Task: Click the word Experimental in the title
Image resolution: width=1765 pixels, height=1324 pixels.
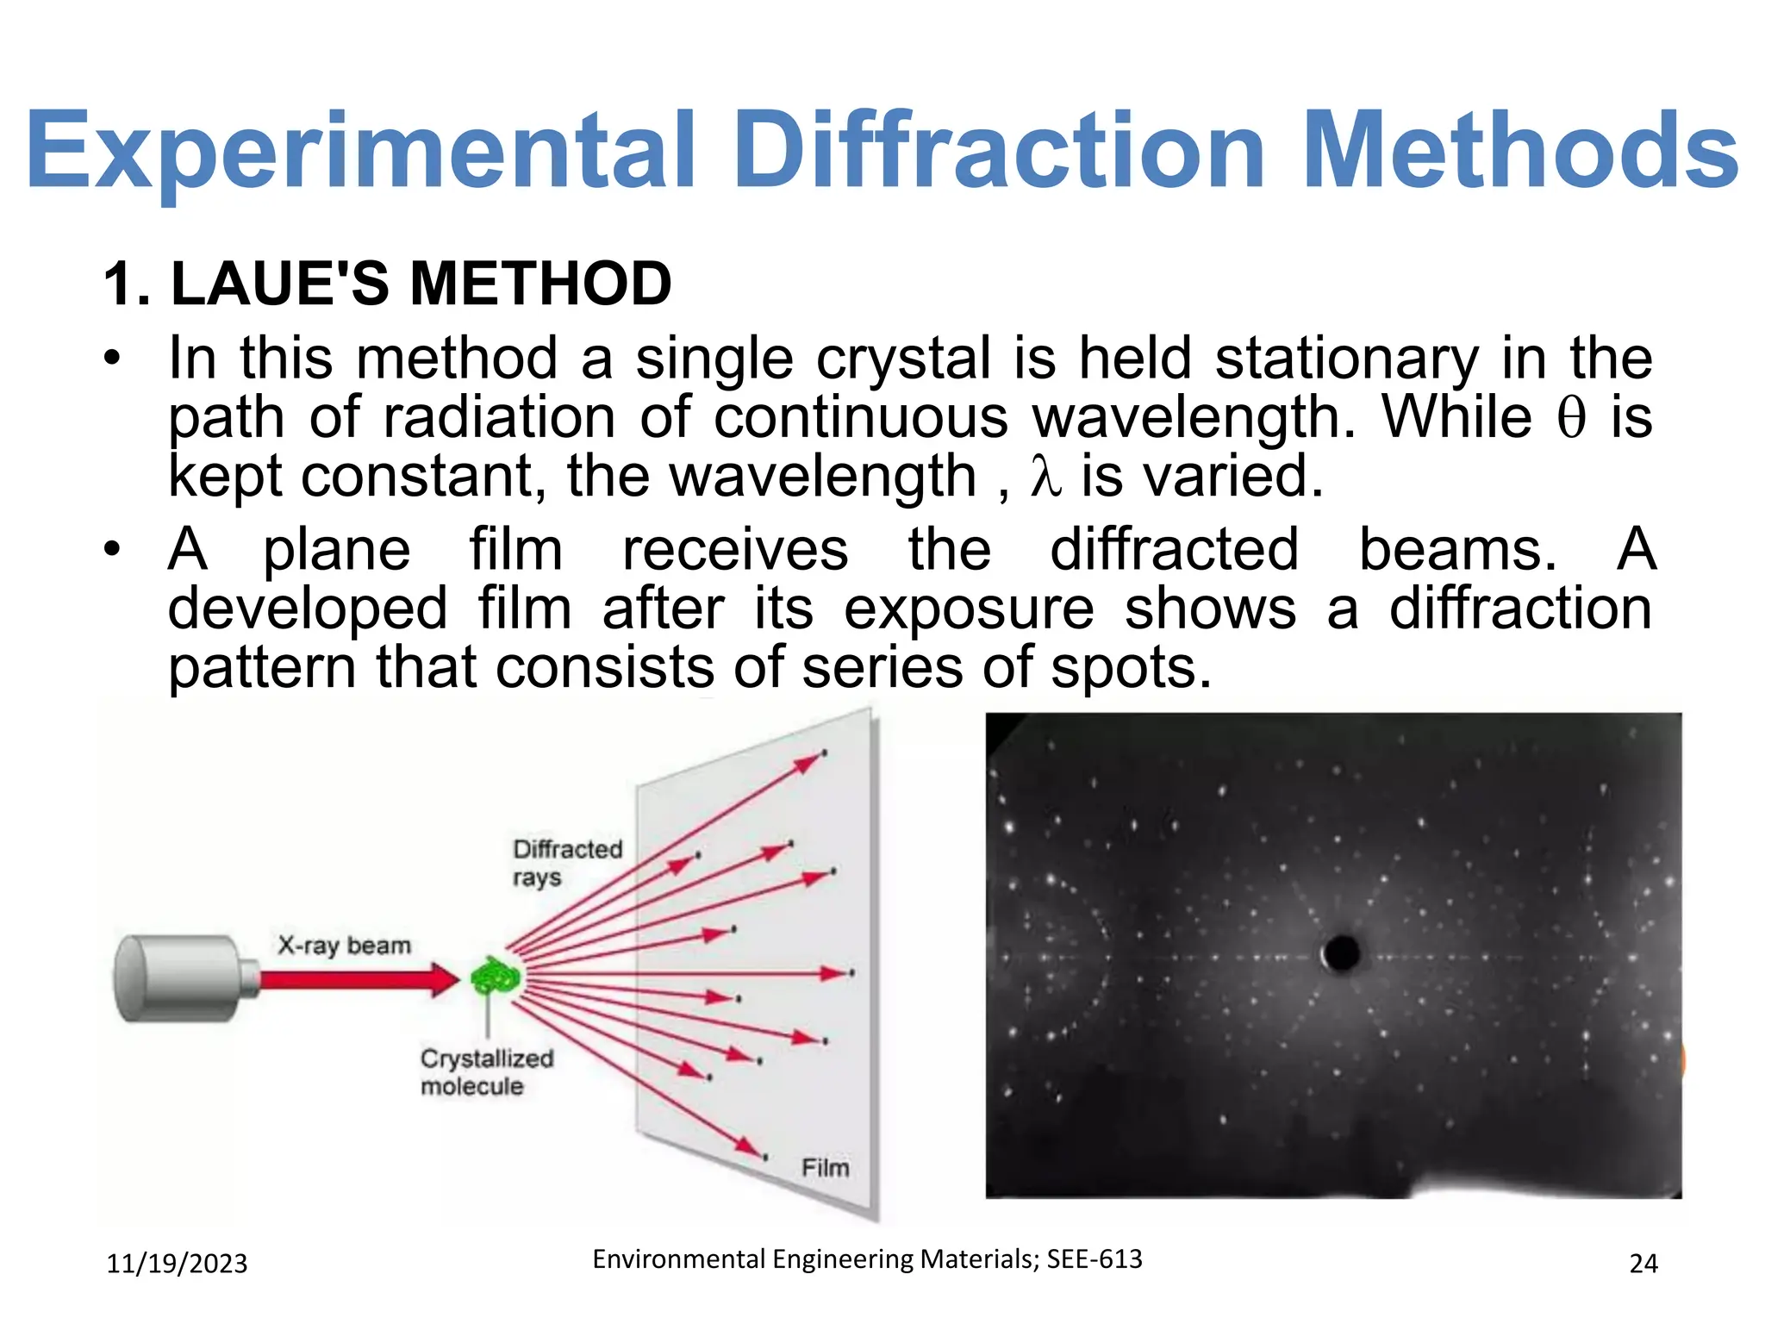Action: tap(360, 151)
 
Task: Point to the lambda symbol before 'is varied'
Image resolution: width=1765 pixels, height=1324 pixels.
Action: tap(1045, 477)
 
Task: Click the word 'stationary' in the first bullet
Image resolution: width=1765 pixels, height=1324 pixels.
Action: tap(1346, 358)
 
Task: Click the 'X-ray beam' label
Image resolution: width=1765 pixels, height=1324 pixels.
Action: tap(344, 946)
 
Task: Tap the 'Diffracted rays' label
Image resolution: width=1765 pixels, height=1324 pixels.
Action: tap(565, 863)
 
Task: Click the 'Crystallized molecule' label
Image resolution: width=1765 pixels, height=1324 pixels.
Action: tap(485, 1071)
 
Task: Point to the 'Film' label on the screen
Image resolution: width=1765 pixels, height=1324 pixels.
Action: tap(825, 1168)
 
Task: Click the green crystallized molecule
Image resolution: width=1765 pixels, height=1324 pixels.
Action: tap(495, 978)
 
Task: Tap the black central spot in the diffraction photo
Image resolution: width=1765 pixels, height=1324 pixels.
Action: tap(1342, 952)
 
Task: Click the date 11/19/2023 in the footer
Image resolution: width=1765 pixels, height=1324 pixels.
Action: tap(177, 1264)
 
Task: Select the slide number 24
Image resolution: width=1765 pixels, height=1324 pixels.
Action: tap(1643, 1264)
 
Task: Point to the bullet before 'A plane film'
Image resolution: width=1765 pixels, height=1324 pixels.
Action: tap(111, 549)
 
